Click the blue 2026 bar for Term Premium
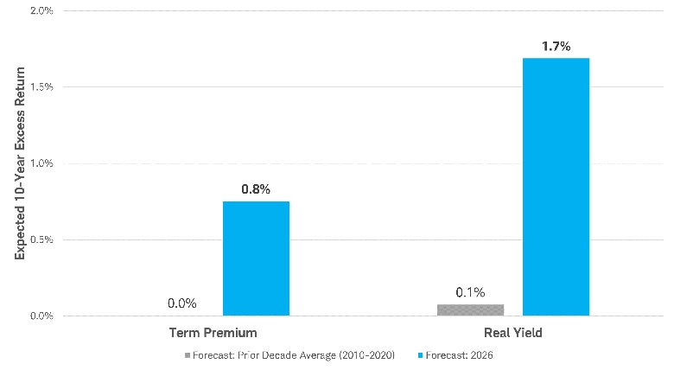point(256,258)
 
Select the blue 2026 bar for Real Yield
point(556,187)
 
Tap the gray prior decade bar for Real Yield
point(470,309)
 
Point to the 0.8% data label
point(256,188)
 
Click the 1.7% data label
point(556,46)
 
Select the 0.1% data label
point(470,291)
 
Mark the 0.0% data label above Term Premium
point(182,303)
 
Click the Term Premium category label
point(213,332)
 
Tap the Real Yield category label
point(512,332)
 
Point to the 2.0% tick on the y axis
point(40,11)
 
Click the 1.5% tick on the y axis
point(40,87)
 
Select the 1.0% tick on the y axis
point(40,163)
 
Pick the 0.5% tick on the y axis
point(40,239)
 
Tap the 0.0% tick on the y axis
point(40,316)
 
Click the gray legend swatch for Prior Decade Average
point(187,355)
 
